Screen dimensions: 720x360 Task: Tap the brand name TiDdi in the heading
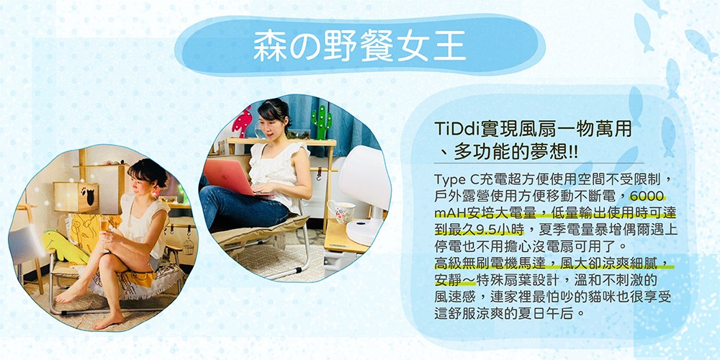coord(456,129)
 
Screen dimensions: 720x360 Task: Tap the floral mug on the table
coord(341,211)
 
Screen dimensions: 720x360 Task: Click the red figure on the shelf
coord(243,122)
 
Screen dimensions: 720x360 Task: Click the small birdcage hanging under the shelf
coord(188,246)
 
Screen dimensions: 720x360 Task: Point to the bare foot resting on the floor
coord(109,320)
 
